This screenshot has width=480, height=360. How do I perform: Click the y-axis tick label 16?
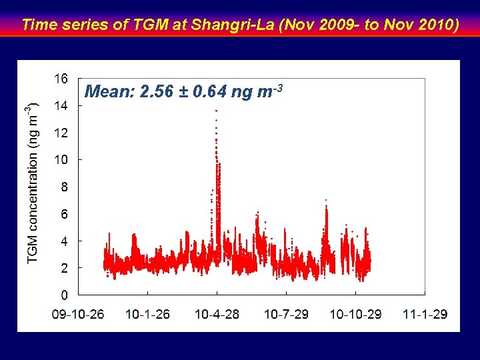point(60,79)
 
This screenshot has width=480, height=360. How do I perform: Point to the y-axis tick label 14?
point(60,105)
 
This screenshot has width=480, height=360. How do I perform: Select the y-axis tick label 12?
point(60,133)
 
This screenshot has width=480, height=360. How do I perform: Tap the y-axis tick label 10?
point(60,159)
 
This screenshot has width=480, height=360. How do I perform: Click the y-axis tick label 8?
point(63,187)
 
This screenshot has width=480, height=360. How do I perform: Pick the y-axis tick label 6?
point(63,213)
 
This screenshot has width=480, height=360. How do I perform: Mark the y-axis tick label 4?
point(63,241)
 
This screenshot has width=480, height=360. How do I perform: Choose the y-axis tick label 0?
point(63,295)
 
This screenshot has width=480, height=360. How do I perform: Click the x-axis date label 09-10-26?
point(79,314)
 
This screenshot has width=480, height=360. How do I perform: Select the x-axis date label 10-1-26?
point(147,314)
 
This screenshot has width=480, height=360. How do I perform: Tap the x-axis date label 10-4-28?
point(217,314)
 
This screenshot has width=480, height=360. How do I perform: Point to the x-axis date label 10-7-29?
point(286,314)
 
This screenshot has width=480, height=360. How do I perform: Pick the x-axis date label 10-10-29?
point(355,314)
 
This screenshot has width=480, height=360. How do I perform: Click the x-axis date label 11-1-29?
point(425,314)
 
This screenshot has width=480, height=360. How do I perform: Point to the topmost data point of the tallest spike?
point(216,110)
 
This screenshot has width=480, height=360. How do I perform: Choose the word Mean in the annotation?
point(109,91)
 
